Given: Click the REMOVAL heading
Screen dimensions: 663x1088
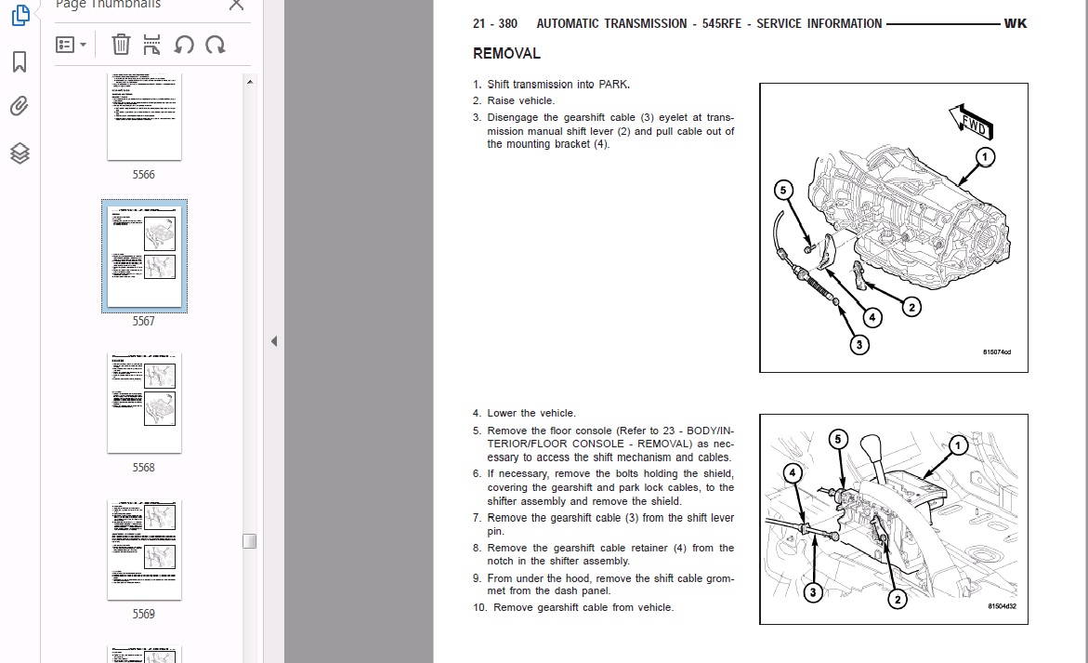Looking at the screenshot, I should [x=506, y=54].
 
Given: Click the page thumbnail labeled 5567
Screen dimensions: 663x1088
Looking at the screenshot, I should [x=144, y=255].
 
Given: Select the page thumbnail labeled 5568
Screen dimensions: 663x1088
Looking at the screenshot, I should [x=144, y=403].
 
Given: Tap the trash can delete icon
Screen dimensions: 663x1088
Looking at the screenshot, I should [x=121, y=44].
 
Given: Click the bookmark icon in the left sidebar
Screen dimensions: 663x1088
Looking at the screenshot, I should [x=20, y=62].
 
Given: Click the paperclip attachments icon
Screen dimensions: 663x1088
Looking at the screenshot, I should [x=20, y=106].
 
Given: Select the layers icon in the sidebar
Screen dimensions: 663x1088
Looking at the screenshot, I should [x=20, y=152].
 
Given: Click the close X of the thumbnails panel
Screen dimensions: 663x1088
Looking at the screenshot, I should [x=236, y=5].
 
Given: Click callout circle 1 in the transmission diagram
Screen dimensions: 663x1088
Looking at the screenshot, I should [x=984, y=156].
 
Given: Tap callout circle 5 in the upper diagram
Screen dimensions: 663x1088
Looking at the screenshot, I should [x=784, y=191].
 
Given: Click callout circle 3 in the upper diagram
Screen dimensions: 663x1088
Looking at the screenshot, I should [x=859, y=344].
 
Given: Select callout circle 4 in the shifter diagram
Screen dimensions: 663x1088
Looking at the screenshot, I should [x=793, y=473].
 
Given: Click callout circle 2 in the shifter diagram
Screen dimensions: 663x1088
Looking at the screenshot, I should [x=897, y=600].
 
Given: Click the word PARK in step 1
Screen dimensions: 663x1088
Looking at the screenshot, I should [x=612, y=85].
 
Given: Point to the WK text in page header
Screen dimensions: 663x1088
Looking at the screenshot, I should [x=1015, y=23].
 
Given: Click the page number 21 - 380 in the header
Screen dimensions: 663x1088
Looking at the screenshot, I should [x=494, y=23].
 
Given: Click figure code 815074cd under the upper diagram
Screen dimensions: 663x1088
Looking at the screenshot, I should [x=996, y=352].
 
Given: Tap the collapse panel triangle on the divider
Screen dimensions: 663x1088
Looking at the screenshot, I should [x=274, y=341].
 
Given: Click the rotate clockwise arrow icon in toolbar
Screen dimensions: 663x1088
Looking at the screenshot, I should [x=215, y=44].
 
